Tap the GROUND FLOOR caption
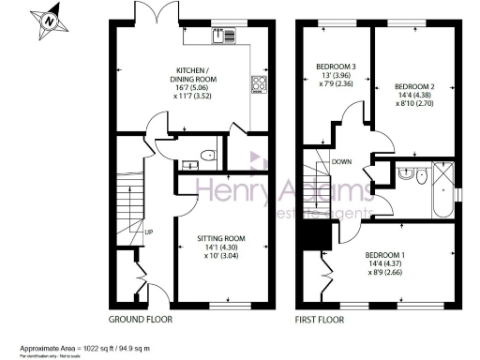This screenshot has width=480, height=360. point(140,320)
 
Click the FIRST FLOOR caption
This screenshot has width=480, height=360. point(321,320)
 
